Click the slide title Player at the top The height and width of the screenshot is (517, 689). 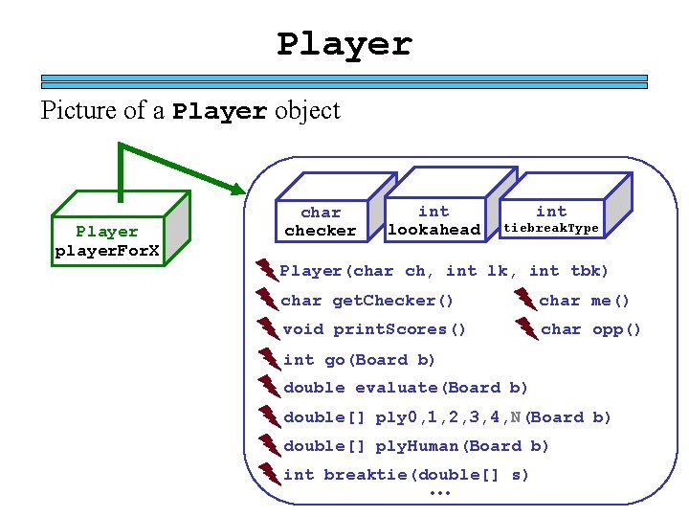pos(344,44)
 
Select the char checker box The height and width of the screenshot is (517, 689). pos(321,221)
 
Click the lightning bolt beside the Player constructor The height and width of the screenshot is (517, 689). pos(266,271)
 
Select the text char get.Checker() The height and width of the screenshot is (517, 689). pos(367,301)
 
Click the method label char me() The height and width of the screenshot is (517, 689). pos(585,301)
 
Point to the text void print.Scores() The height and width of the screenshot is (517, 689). pos(374,329)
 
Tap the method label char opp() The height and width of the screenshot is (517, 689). pos(590,329)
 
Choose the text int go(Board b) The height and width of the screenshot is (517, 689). pos(360,360)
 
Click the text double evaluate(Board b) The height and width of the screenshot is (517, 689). pos(406,388)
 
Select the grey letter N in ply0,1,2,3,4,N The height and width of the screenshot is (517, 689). pos(516,417)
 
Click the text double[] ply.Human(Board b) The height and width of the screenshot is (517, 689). pos(416,446)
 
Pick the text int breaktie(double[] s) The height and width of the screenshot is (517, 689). pos(406,475)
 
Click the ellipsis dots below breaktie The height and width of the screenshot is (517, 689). pos(440,493)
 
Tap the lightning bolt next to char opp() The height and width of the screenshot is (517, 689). pos(527,329)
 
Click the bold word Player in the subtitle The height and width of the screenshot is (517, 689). pos(220,112)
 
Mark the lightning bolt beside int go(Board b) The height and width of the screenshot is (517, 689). pos(269,360)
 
